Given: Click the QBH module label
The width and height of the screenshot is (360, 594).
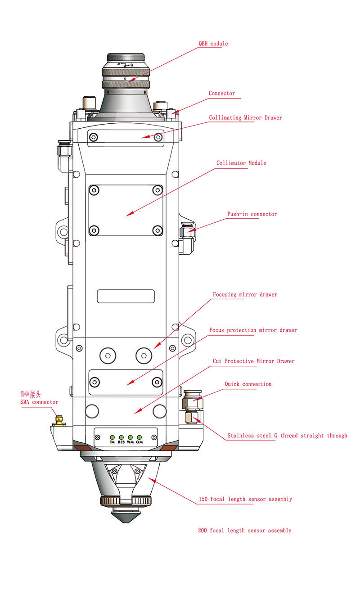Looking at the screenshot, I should pyautogui.click(x=213, y=44).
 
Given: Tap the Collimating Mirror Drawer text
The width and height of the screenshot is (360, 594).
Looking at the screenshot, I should pyautogui.click(x=245, y=118).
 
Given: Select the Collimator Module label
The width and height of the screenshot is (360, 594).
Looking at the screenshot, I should pyautogui.click(x=241, y=163).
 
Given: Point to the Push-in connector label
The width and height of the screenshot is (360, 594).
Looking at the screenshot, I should pyautogui.click(x=252, y=214).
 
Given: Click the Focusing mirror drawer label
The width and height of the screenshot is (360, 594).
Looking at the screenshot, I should pyautogui.click(x=245, y=295).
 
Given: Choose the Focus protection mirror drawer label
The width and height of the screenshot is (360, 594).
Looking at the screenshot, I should pyautogui.click(x=253, y=330).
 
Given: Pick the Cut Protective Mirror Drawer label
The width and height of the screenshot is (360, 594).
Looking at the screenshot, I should pyautogui.click(x=253, y=361).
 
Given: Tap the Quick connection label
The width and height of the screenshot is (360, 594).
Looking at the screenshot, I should pyautogui.click(x=248, y=384).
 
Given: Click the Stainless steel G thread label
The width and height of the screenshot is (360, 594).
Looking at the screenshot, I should pyautogui.click(x=287, y=436).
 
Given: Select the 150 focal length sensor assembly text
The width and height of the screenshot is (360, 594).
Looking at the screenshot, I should pyautogui.click(x=245, y=499).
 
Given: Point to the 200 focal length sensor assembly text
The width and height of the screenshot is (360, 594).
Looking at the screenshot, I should pyautogui.click(x=244, y=531).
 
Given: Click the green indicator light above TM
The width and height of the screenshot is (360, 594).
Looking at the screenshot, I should pyautogui.click(x=112, y=437).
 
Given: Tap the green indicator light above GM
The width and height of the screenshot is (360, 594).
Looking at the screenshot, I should pyautogui.click(x=139, y=437).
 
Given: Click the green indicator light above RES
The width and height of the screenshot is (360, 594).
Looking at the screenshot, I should pyautogui.click(x=121, y=437).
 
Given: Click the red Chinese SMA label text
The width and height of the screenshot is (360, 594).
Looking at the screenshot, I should pyautogui.click(x=30, y=395).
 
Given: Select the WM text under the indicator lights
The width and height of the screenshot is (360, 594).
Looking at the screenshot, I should pyautogui.click(x=130, y=442).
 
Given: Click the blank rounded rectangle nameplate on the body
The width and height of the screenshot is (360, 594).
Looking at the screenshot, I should pyautogui.click(x=126, y=296).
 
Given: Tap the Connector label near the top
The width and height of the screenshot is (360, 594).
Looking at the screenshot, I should pyautogui.click(x=221, y=94).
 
